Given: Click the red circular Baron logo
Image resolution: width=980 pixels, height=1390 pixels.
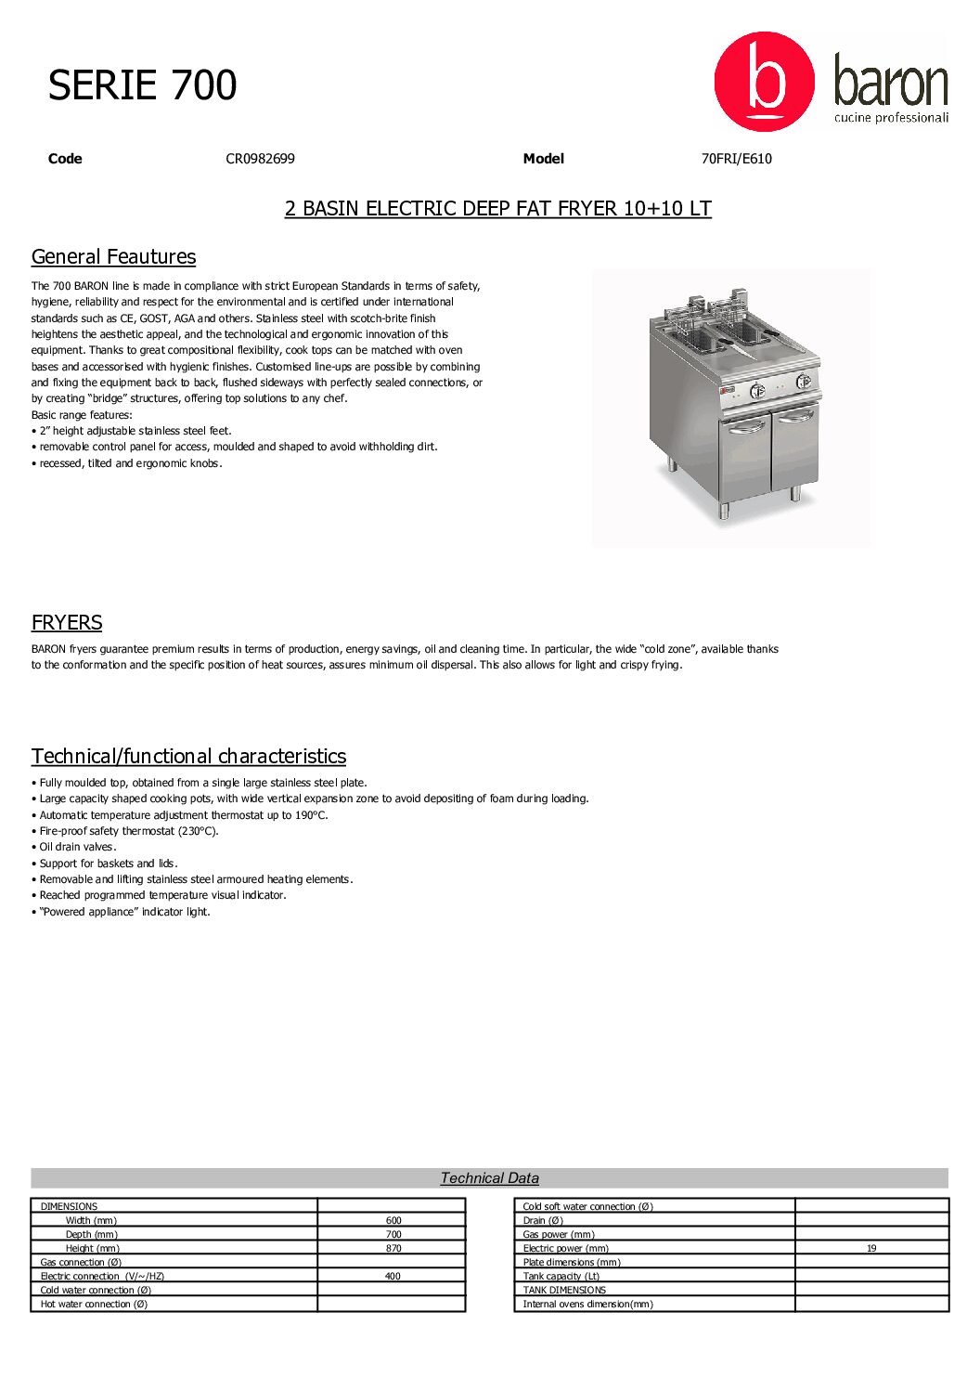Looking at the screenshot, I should click(x=764, y=82).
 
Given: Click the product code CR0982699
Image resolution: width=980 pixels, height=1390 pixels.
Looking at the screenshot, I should click(x=260, y=159).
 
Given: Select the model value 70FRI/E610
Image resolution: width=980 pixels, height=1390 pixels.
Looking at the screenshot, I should click(x=736, y=159).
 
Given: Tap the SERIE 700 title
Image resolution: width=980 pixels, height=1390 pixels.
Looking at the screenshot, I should click(x=143, y=85).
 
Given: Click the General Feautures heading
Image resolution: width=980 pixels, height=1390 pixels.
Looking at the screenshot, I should click(x=113, y=257).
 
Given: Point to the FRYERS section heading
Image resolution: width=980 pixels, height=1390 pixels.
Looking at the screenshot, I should click(x=67, y=623).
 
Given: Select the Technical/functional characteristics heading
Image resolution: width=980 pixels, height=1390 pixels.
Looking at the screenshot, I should click(x=188, y=757).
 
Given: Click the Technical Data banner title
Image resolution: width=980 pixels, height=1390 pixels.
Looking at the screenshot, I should click(x=489, y=1178).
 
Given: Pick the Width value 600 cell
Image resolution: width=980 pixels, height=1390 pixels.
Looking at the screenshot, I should click(x=393, y=1221).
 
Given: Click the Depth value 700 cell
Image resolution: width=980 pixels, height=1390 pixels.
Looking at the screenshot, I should click(x=393, y=1235).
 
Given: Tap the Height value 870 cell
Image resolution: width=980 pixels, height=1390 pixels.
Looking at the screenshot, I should click(x=393, y=1249).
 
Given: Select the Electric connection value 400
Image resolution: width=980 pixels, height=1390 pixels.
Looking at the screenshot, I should click(x=393, y=1277).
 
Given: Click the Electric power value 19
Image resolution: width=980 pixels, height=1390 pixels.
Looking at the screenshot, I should click(x=871, y=1249).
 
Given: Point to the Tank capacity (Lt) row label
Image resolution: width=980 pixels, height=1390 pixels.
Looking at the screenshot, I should click(x=561, y=1277).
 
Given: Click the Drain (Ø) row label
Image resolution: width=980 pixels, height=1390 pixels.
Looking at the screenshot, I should click(x=543, y=1221).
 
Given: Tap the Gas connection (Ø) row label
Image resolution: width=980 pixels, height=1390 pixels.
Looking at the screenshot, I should click(x=81, y=1263).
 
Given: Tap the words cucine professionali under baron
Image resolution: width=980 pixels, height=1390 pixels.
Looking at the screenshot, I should click(x=891, y=118).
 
